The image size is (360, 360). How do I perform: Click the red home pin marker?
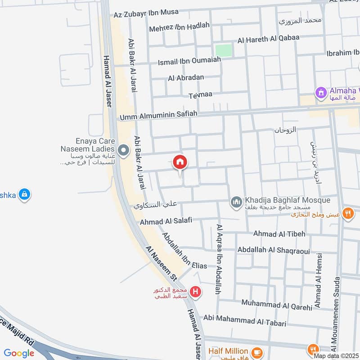pos(180,162)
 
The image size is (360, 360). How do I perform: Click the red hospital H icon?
pos(195,292)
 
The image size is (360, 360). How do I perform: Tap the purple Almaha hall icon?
pos(320,93)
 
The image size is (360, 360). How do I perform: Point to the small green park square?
pos(224,50)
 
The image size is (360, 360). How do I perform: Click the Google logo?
pos(19,353)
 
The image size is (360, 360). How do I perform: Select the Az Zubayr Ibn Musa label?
pos(146,13)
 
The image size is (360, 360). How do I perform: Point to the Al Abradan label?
pos(186,77)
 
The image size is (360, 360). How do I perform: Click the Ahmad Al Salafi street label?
pos(166,221)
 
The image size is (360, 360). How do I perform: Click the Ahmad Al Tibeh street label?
pos(279,234)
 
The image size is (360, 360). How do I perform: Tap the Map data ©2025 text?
pos(337,355)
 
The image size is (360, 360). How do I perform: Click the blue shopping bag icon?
pos(25,194)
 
